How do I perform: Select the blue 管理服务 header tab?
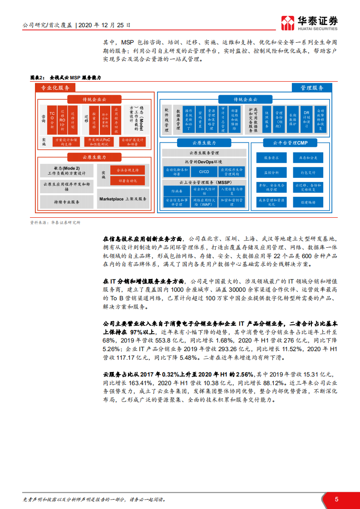[x=312, y=88]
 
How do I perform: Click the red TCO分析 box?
[x=52, y=119]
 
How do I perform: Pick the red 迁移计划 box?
[x=73, y=119]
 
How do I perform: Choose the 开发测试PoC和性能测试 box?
[x=99, y=142]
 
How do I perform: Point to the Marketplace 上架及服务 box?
[x=123, y=199]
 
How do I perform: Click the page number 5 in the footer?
[x=336, y=499]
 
